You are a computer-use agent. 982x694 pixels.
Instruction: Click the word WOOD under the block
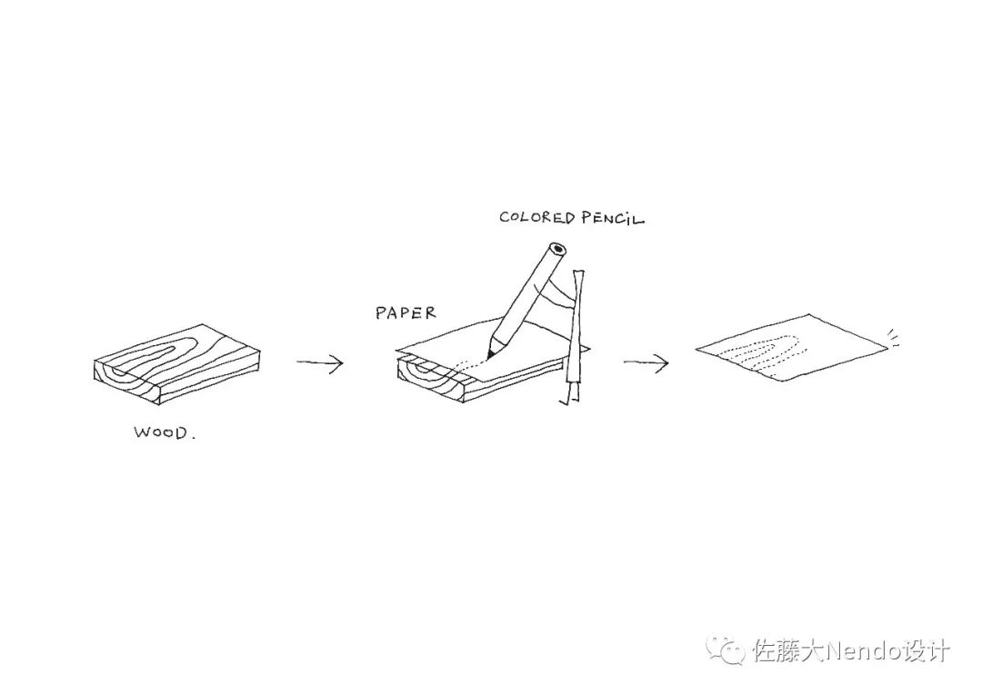(x=160, y=432)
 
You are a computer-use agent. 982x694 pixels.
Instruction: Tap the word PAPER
(x=406, y=313)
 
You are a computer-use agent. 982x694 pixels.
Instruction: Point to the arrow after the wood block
(x=319, y=364)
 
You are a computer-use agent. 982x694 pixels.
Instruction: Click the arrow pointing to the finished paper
(x=646, y=363)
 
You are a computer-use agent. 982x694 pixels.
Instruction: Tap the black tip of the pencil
(x=491, y=351)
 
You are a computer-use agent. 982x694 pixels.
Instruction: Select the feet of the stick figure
(x=569, y=401)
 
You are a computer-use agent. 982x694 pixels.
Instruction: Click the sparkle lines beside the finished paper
(x=896, y=337)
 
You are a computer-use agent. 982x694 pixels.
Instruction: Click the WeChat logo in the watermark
(x=728, y=650)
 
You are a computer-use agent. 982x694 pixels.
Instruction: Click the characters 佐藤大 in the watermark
(x=786, y=651)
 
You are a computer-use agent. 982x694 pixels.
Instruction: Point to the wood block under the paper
(x=436, y=382)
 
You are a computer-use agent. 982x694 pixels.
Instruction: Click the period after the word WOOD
(x=193, y=437)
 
